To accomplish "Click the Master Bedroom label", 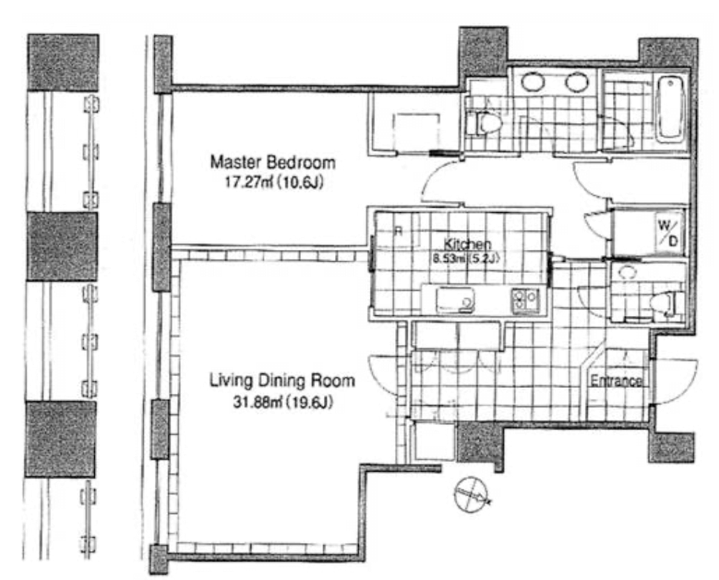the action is click(x=273, y=162).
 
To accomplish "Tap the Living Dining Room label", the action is click(x=282, y=381).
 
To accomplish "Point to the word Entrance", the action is click(x=615, y=380).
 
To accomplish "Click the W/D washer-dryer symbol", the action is click(x=669, y=234).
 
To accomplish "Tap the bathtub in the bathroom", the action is click(x=670, y=109).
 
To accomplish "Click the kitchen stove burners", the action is click(x=525, y=300).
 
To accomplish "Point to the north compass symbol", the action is click(x=471, y=494).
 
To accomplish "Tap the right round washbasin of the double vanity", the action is click(x=577, y=82).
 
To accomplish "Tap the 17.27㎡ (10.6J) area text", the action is click(x=274, y=182).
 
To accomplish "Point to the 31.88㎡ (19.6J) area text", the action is click(x=282, y=403).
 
